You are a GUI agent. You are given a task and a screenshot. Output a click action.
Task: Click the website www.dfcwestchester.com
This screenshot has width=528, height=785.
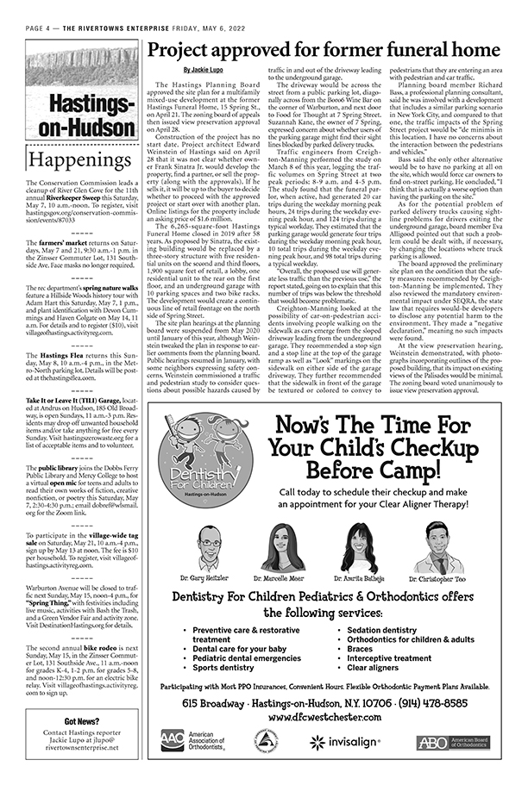pos(326,716)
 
